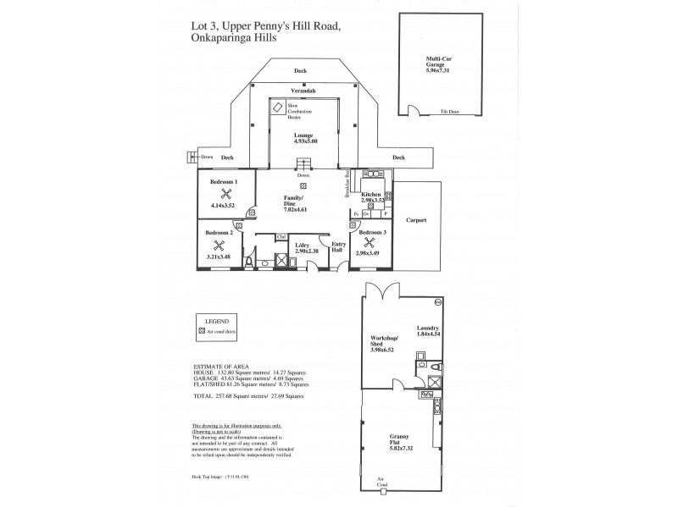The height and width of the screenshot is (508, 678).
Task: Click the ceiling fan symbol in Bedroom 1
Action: tap(226, 192)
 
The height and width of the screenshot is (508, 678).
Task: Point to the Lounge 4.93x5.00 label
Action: tap(303, 139)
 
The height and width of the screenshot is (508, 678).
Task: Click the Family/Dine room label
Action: tap(293, 203)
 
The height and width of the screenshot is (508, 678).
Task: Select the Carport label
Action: tap(416, 220)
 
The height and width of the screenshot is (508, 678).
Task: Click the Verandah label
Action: tap(303, 89)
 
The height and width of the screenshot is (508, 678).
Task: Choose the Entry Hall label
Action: tap(337, 247)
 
